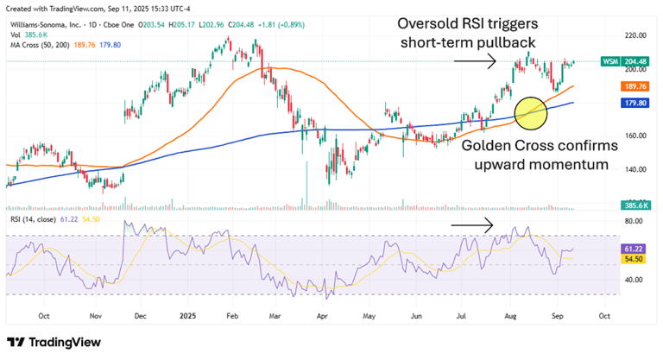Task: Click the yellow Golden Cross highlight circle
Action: pyautogui.click(x=531, y=111)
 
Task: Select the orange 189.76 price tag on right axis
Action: pyautogui.click(x=637, y=86)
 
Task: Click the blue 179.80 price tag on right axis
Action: pyautogui.click(x=637, y=103)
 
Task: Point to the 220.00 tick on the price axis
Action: pyautogui.click(x=637, y=35)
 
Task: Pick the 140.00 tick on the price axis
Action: pyautogui.click(x=637, y=169)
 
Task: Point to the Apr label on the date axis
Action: pyautogui.click(x=324, y=315)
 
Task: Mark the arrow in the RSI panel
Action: pyautogui.click(x=474, y=224)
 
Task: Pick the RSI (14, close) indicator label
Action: pyautogui.click(x=30, y=219)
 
